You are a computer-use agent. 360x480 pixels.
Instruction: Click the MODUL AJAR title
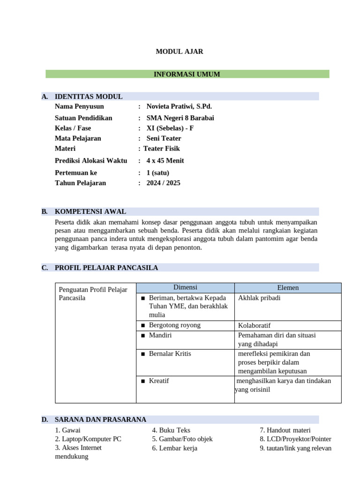180,52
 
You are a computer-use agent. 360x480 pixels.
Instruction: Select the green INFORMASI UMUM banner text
187,74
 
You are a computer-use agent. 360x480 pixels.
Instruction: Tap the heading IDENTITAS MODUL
89,97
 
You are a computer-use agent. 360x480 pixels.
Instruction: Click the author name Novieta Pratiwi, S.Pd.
179,106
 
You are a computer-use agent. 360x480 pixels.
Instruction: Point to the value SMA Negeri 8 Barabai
180,118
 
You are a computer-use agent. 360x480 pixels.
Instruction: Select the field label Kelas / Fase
73,128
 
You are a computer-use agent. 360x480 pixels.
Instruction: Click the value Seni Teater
164,138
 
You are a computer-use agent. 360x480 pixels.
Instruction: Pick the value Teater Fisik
162,149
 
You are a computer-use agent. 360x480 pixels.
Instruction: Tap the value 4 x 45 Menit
165,161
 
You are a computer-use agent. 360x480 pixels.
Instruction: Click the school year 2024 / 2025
163,183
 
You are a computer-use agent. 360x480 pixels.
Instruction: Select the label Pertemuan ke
76,172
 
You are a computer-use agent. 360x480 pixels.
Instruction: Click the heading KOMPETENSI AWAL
90,211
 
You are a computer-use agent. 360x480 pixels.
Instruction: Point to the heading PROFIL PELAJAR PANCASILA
106,268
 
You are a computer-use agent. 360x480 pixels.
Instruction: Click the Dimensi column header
185,287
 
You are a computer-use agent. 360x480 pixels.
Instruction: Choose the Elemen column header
288,288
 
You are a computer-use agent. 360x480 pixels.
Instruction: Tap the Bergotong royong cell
174,325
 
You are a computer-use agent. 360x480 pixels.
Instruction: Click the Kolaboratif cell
254,326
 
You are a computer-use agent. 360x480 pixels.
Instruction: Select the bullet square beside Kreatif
142,381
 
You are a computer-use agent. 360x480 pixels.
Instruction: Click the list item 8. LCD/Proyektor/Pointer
295,439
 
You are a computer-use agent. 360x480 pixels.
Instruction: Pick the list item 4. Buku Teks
171,430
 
